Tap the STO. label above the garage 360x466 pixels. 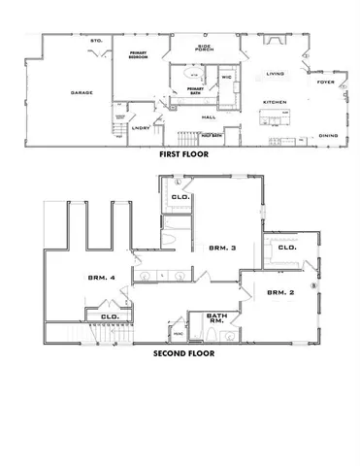[x=96, y=41]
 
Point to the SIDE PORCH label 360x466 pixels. [x=205, y=48]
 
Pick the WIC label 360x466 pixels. [x=225, y=78]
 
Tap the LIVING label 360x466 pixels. [x=276, y=73]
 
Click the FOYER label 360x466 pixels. [x=326, y=83]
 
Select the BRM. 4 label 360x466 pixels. [x=101, y=278]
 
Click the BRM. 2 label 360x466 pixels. [x=279, y=292]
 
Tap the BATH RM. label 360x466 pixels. [x=218, y=318]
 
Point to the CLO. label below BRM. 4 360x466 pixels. [x=109, y=316]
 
